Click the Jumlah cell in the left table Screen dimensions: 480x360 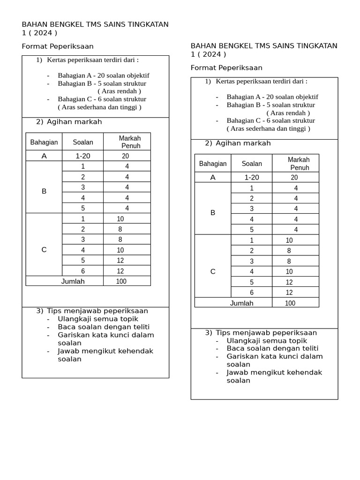(x=73, y=281)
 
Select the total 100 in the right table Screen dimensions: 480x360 (x=290, y=303)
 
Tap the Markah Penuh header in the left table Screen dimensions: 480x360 (x=130, y=142)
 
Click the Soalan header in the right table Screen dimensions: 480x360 (x=252, y=164)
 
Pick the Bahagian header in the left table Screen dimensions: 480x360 (x=44, y=142)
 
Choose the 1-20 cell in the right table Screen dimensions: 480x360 (x=252, y=177)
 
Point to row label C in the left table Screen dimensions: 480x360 (x=44, y=249)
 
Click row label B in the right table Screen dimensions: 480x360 (x=213, y=212)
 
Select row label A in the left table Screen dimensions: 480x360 (x=44, y=156)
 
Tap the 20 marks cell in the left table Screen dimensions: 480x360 (x=126, y=156)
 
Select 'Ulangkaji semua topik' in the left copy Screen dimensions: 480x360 (x=97, y=319)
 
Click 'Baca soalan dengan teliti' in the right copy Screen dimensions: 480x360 (x=272, y=348)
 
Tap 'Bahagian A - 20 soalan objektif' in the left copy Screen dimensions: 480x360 (x=104, y=75)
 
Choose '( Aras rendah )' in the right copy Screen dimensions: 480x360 (x=288, y=113)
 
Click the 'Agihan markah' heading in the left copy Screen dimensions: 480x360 (x=74, y=122)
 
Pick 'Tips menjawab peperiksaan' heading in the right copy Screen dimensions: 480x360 (x=266, y=333)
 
